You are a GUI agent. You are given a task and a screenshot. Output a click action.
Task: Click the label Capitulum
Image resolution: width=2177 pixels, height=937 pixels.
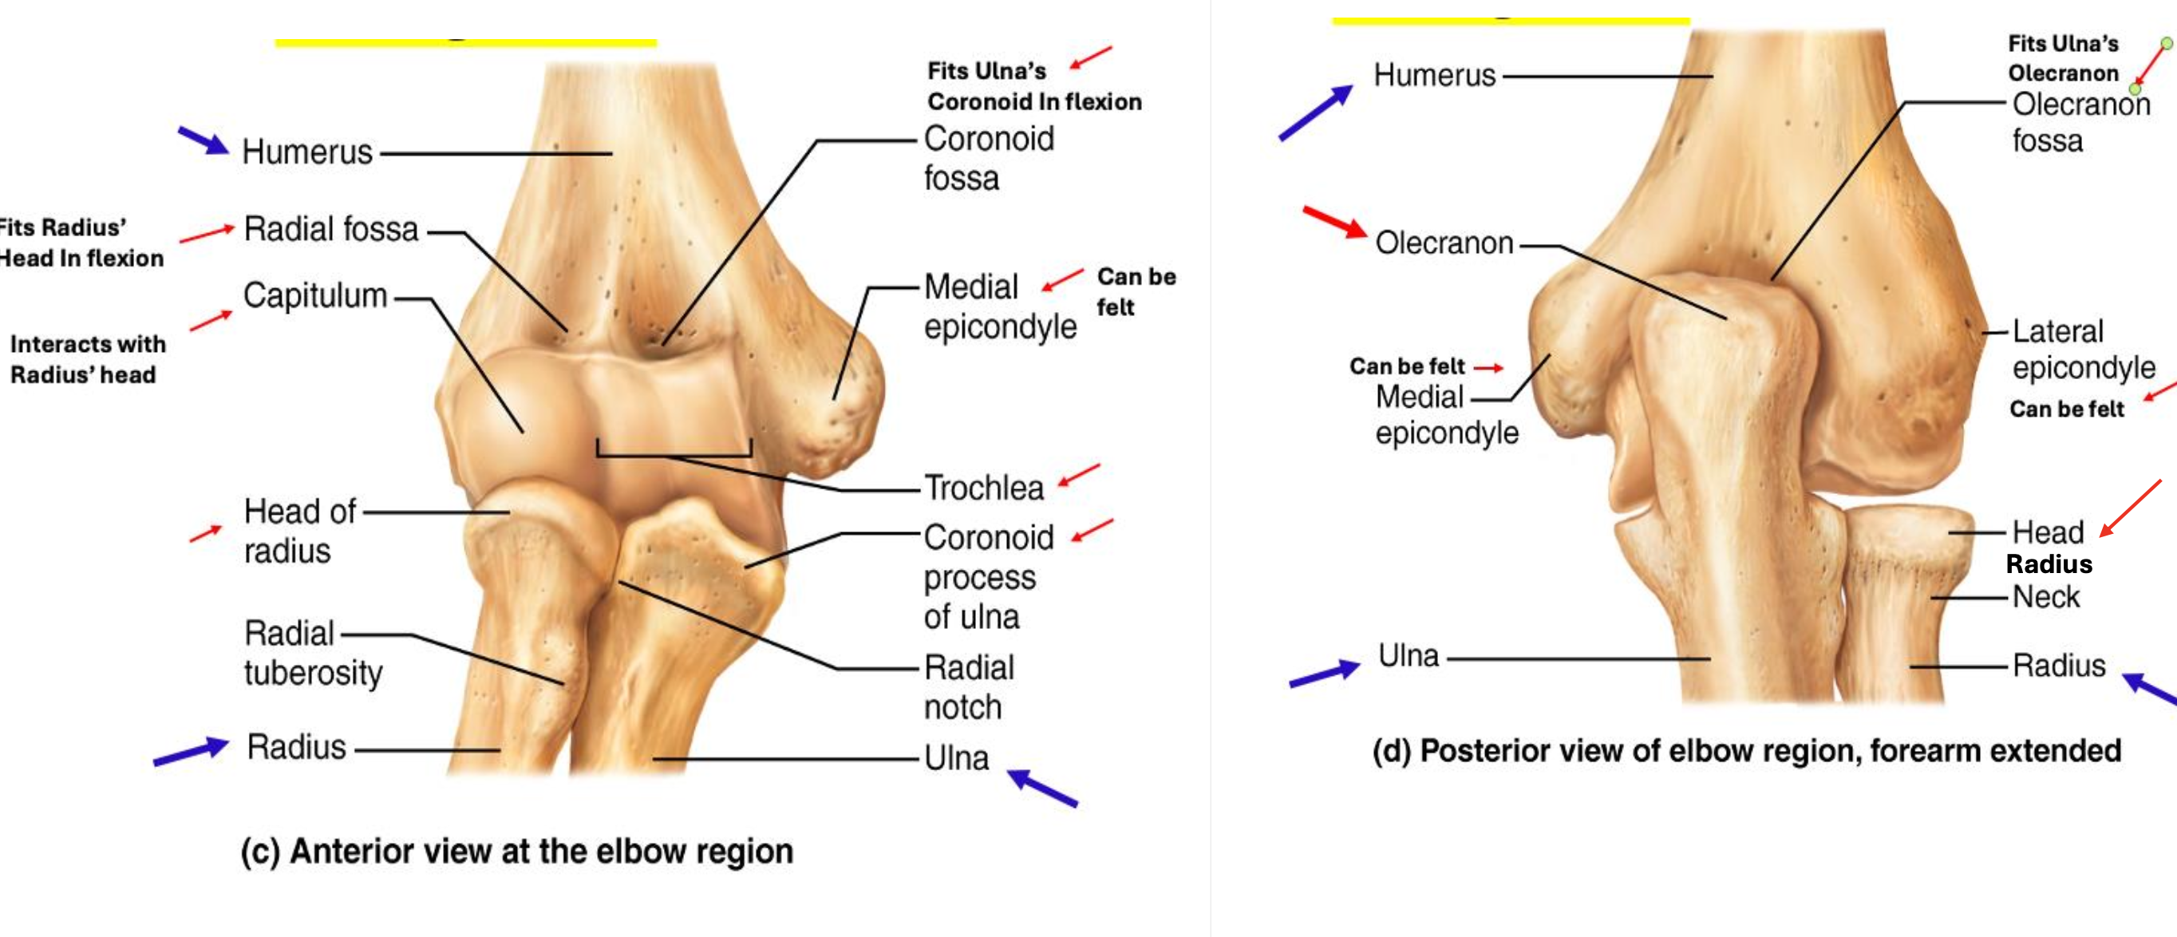click(x=314, y=297)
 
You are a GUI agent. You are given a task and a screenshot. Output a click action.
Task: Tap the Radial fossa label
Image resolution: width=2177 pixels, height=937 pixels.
click(x=330, y=229)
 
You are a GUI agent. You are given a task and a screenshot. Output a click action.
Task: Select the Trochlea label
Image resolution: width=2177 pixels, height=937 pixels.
click(x=984, y=488)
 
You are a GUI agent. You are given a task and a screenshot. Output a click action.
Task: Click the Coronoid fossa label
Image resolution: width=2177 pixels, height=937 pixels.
click(x=988, y=158)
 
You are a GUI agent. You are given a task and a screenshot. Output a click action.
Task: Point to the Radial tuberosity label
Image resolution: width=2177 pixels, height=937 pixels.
click(x=312, y=653)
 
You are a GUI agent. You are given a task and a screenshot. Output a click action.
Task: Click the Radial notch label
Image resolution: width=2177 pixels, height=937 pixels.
click(x=969, y=687)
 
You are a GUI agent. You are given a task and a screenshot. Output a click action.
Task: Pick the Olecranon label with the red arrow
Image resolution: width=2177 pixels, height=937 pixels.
click(x=1444, y=243)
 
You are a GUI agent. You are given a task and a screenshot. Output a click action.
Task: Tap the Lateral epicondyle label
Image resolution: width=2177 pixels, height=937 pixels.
click(x=2082, y=349)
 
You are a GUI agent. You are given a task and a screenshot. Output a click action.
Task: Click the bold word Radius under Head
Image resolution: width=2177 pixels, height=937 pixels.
click(x=2049, y=564)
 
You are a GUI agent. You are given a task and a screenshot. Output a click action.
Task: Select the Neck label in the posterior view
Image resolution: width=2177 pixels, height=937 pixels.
click(x=2045, y=597)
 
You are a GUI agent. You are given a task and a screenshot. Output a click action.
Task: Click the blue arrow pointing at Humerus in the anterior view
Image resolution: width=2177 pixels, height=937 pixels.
click(x=203, y=140)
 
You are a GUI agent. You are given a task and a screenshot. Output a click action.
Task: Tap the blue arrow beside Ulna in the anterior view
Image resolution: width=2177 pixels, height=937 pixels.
click(x=1042, y=788)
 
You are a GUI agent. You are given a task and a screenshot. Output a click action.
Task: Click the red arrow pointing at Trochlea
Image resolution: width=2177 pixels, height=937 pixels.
click(x=1078, y=475)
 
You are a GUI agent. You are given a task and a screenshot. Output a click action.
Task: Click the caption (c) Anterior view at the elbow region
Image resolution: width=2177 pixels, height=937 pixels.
click(x=516, y=852)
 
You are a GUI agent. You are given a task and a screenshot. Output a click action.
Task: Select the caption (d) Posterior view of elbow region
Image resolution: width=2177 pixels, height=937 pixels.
click(x=1746, y=751)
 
